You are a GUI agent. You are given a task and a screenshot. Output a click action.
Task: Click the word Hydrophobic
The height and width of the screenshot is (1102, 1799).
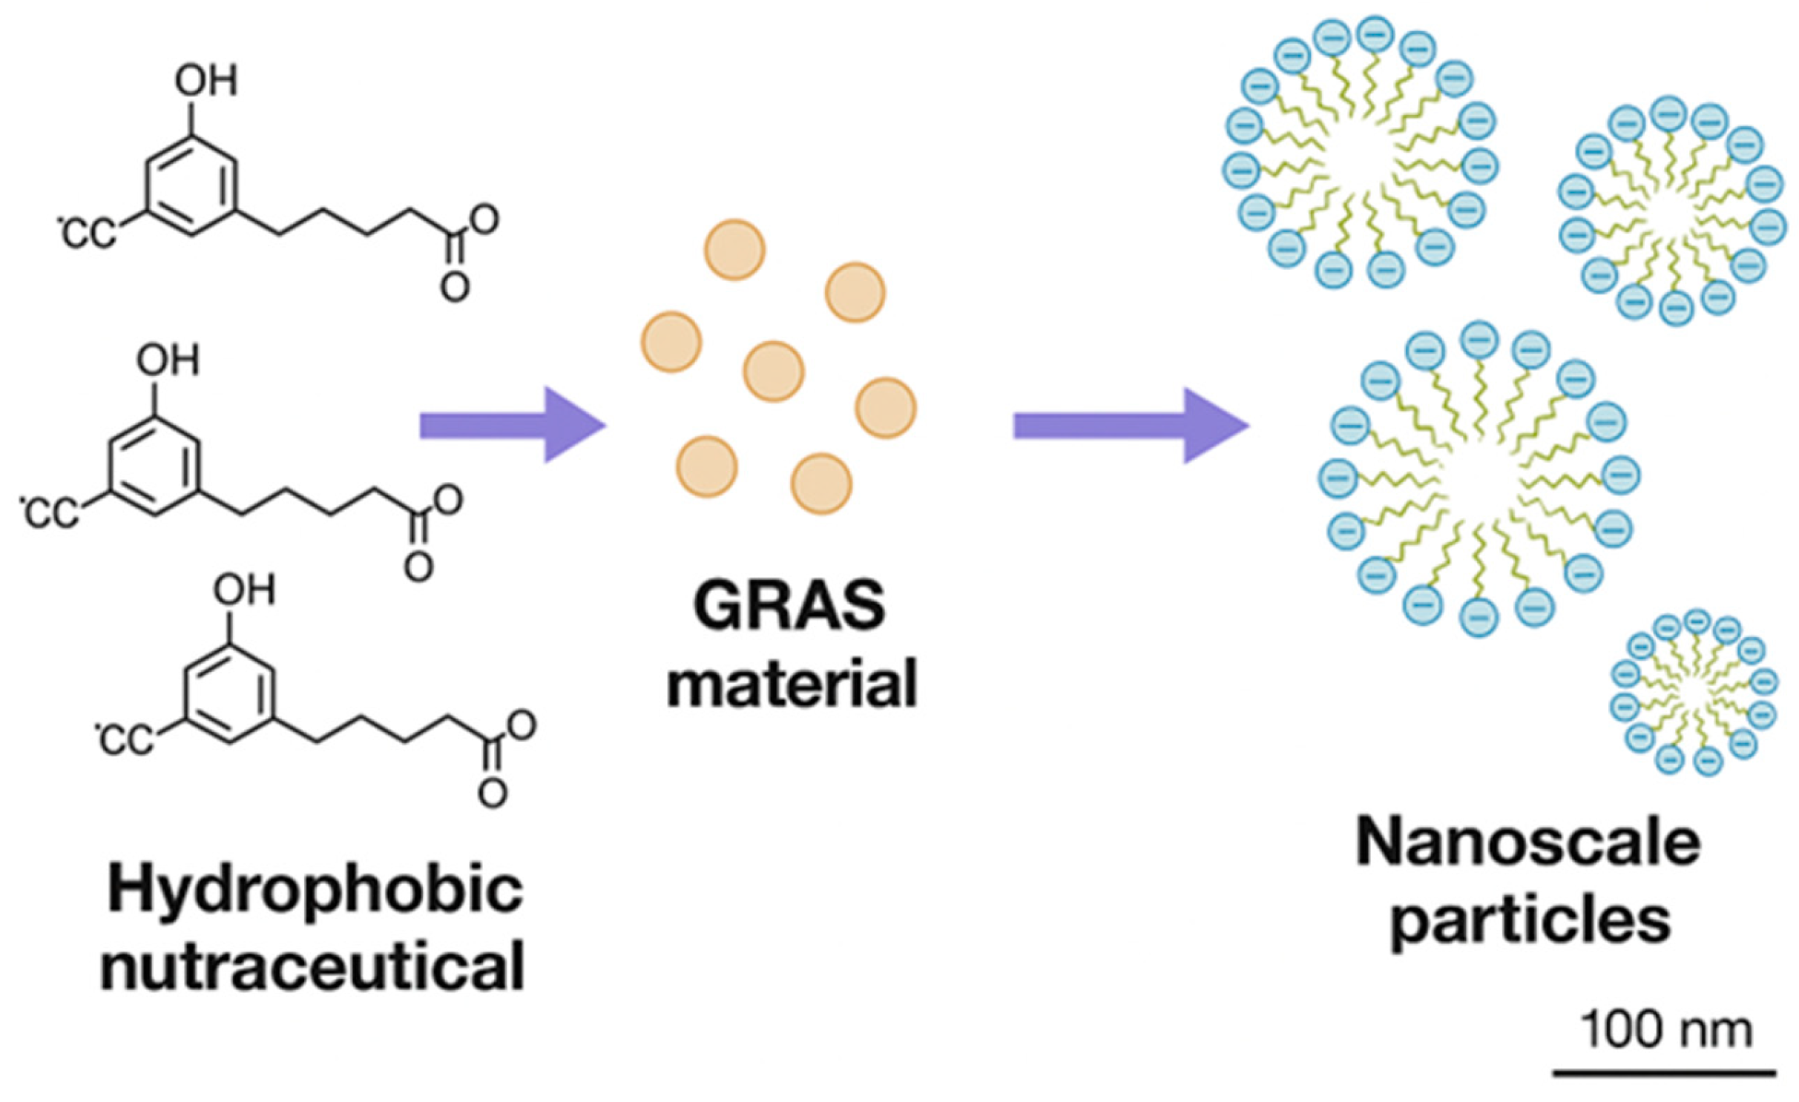315,891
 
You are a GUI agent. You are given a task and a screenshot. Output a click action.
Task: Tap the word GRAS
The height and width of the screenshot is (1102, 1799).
789,606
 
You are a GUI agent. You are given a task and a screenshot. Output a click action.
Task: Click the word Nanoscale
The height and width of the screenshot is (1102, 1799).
1528,843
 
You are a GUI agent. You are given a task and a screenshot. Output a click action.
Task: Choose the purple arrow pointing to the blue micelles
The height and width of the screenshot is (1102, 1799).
1131,426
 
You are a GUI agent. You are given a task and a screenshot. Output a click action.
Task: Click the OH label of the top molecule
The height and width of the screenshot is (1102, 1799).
205,81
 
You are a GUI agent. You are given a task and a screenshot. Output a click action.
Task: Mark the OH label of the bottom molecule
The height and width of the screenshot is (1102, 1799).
244,591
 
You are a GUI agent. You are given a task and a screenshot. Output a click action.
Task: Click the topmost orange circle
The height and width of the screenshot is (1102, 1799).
734,250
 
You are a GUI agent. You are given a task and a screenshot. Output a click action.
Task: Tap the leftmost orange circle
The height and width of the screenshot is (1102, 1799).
671,342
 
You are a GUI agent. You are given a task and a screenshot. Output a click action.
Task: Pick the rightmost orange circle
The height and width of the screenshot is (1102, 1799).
886,408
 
